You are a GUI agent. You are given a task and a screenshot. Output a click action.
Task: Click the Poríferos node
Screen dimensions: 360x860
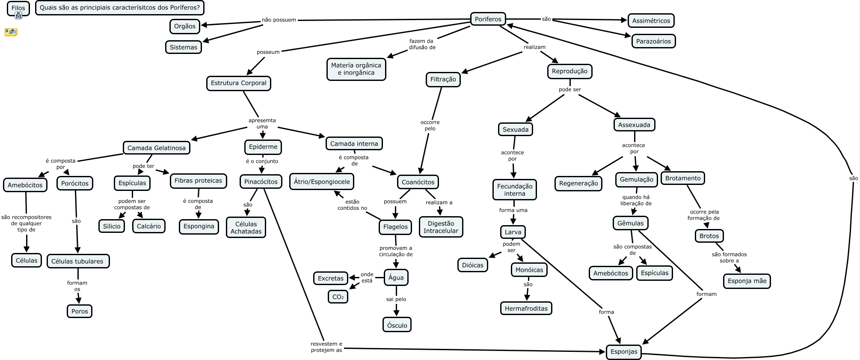coord(488,19)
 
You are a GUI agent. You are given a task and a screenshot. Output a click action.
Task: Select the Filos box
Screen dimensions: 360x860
coord(18,8)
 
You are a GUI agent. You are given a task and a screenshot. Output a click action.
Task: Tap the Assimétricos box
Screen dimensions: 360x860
coord(651,21)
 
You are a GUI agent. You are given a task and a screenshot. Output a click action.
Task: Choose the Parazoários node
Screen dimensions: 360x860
coord(653,41)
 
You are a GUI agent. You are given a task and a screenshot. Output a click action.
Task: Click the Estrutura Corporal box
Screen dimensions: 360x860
coord(238,83)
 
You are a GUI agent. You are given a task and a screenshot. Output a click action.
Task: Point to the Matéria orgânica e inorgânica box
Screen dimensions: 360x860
coord(356,69)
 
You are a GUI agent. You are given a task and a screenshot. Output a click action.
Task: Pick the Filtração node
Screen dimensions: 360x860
coord(443,79)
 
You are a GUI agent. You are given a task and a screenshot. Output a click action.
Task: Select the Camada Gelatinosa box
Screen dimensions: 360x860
coord(156,148)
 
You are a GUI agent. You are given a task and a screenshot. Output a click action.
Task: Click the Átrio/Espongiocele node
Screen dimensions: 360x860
coord(322,181)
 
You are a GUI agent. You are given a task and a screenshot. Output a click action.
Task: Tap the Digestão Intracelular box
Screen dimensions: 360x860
coord(441,227)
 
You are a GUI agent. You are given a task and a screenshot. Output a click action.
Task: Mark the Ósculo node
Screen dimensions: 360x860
coord(397,325)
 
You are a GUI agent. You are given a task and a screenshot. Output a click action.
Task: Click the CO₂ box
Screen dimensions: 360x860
coord(338,297)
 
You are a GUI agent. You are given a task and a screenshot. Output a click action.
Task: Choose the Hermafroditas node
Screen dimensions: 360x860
coord(526,308)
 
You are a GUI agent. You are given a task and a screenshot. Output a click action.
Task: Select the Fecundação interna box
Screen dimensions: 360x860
coord(514,190)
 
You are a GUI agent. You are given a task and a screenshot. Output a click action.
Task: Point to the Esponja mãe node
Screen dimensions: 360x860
coord(747,281)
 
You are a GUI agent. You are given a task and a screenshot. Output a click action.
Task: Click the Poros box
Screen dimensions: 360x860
coord(80,311)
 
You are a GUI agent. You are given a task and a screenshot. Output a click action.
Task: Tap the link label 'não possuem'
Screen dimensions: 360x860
coord(279,20)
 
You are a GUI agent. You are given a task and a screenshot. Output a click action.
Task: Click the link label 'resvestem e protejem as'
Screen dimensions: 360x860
coord(326,347)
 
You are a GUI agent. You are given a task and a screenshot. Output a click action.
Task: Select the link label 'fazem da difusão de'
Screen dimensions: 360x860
coord(422,44)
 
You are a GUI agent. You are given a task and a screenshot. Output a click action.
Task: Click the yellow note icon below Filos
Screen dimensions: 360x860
coord(11,32)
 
